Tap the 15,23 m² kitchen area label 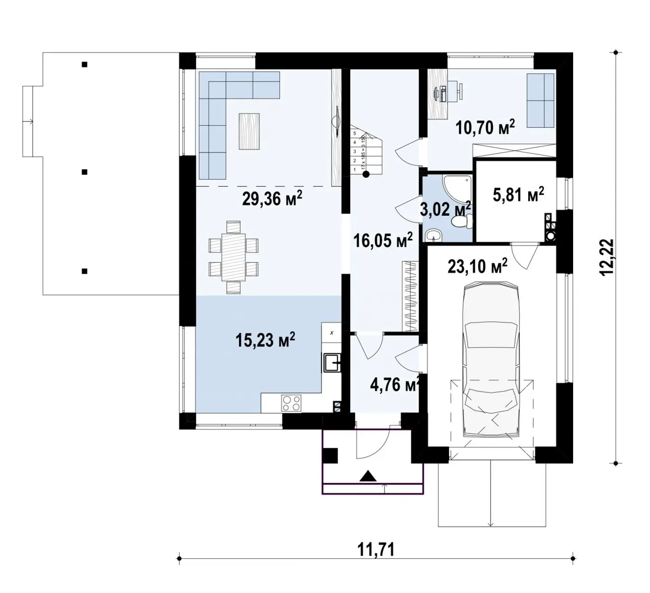[x=265, y=341]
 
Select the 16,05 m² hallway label [x=383, y=240]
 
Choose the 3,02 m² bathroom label [x=445, y=209]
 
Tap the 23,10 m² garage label [x=478, y=267]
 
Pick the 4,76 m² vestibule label [x=395, y=384]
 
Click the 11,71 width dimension [x=376, y=550]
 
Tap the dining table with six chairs [x=233, y=257]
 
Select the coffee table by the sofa [x=250, y=131]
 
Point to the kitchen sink [x=332, y=363]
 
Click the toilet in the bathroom [x=463, y=224]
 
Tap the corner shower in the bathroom [x=456, y=188]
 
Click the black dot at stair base [x=366, y=175]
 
